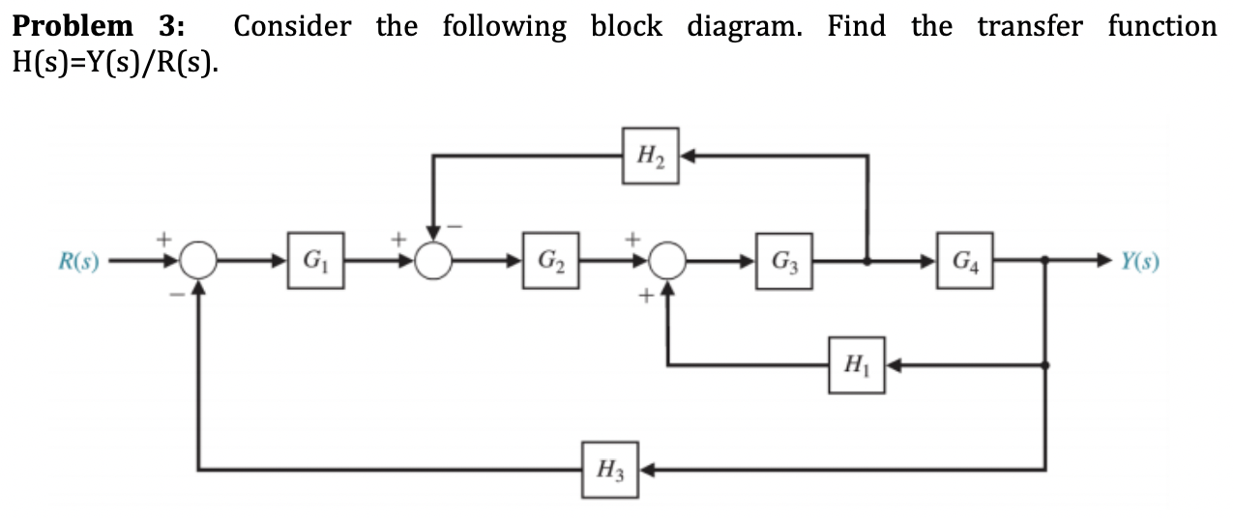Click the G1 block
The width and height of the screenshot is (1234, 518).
click(x=314, y=260)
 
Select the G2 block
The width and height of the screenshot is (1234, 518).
click(x=550, y=260)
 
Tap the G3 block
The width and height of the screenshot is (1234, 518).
click(x=783, y=260)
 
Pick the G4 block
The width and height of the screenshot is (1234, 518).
click(x=963, y=260)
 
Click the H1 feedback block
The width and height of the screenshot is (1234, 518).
click(x=855, y=365)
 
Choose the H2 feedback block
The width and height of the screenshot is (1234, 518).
click(x=651, y=155)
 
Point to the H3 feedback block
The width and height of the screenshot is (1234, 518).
click(x=610, y=471)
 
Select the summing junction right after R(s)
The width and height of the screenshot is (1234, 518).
click(x=199, y=260)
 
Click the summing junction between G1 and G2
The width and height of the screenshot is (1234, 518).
click(x=435, y=260)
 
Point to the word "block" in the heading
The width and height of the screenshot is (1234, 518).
click(x=627, y=26)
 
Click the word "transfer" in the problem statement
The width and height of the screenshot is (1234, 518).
click(x=1029, y=26)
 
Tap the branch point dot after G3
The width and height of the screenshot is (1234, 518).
click(x=867, y=260)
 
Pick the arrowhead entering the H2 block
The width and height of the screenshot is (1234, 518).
click(x=688, y=155)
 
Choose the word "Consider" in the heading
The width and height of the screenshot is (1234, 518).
click(x=292, y=26)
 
